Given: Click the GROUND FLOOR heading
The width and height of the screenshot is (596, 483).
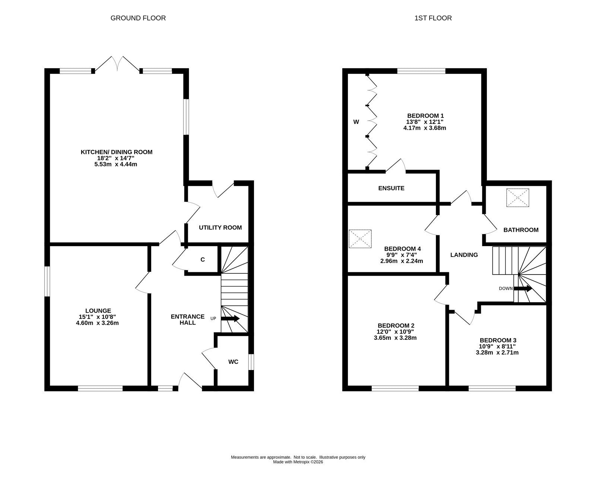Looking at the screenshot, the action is (138, 18).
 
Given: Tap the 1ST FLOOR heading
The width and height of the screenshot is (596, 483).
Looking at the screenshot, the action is (433, 18).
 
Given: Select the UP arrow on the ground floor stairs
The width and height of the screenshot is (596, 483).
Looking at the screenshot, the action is (230, 319).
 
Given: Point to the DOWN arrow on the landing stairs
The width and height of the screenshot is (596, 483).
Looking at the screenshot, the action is (523, 289).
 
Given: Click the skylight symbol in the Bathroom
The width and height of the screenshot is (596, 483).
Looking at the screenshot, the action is (517, 198).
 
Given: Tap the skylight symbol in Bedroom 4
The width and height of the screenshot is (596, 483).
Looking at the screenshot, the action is (360, 239).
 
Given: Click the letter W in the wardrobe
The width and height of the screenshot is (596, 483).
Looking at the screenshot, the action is (356, 122).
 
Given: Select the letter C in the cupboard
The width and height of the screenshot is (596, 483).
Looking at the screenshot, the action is (203, 260).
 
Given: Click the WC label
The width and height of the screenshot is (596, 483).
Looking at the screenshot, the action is (233, 362).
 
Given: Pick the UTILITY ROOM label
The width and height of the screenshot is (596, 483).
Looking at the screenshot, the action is (220, 228).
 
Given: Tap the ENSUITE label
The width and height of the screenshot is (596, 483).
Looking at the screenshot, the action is (391, 188).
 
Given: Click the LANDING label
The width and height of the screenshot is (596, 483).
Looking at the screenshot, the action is (464, 255).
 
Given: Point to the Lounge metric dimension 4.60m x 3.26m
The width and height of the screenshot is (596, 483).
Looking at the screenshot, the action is (97, 323).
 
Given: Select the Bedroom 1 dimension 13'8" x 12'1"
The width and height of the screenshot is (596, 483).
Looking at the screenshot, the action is (425, 122).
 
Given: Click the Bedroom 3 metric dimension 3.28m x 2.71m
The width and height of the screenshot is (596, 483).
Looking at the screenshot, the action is (497, 352).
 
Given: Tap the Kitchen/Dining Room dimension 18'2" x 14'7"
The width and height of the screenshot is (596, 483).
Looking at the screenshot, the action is (115, 158).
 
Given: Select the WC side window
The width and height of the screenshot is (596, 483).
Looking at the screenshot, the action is (251, 362).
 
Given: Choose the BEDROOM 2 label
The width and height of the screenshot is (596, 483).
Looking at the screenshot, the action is (396, 326).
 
